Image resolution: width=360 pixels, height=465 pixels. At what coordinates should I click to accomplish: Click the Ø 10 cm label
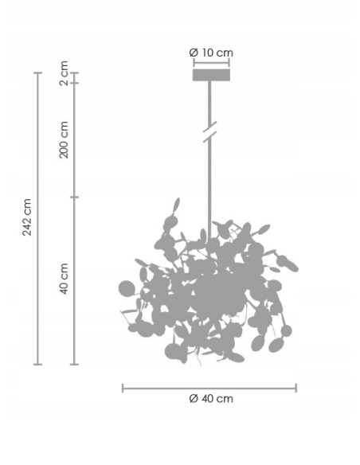pyautogui.click(x=211, y=53)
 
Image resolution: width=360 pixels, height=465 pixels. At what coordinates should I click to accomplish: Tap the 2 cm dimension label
pyautogui.click(x=64, y=73)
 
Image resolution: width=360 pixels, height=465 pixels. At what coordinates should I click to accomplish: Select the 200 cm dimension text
pyautogui.click(x=64, y=139)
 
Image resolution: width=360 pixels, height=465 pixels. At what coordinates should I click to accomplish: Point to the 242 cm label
pyautogui.click(x=27, y=217)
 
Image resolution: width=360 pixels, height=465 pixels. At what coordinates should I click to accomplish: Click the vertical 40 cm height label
pyautogui.click(x=64, y=279)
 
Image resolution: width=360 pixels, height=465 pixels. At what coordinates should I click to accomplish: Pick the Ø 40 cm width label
pyautogui.click(x=211, y=399)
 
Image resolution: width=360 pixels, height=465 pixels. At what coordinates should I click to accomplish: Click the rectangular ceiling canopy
pyautogui.click(x=211, y=75)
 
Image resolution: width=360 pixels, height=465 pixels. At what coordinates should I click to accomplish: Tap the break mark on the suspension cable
pyautogui.click(x=209, y=131)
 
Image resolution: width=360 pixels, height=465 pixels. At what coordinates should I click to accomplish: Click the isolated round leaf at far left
pyautogui.click(x=127, y=288)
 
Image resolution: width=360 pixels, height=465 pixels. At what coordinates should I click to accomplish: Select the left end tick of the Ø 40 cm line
pyautogui.click(x=123, y=389)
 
